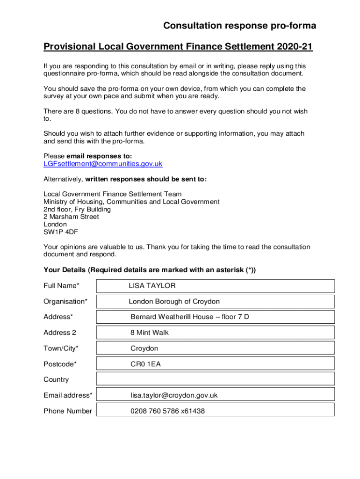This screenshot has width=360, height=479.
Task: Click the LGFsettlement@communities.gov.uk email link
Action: coord(103,164)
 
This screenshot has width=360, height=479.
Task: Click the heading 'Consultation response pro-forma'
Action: coord(239,26)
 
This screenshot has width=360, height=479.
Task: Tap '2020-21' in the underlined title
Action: coord(294,47)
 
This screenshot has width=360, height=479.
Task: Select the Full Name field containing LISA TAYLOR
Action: coord(215,286)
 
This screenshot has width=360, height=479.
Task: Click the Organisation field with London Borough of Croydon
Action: coord(215,302)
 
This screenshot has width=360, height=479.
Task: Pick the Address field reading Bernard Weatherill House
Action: coord(215,317)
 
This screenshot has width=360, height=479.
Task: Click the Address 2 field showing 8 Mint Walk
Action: coord(215,333)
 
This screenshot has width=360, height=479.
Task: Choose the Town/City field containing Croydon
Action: coord(215,348)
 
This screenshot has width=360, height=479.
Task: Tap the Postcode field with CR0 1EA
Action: coord(215,364)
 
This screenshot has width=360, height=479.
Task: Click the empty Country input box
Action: coord(215,379)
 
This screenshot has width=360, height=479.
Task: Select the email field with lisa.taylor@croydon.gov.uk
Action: coord(215,395)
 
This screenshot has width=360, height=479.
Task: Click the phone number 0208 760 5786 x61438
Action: coord(168,411)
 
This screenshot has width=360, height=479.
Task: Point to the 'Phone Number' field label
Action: coord(68,411)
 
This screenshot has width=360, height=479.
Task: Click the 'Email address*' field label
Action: coord(68,395)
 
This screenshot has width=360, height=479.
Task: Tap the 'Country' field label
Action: coord(56,379)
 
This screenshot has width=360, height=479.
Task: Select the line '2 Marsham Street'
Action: coord(71,217)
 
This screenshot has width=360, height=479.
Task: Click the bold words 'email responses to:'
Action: coord(100,156)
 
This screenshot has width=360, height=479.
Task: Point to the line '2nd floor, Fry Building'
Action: coord(77,210)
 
